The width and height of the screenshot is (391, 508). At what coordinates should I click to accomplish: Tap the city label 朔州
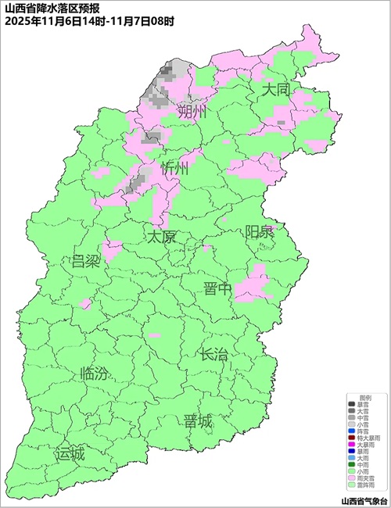192,113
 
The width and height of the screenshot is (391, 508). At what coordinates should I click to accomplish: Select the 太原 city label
163,236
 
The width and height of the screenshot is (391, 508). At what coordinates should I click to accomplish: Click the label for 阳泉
260,232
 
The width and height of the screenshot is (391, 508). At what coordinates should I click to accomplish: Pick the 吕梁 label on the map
85,260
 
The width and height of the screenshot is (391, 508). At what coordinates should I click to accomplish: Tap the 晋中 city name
217,289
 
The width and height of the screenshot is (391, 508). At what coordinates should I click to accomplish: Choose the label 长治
213,354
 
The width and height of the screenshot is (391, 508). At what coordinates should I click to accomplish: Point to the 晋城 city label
198,422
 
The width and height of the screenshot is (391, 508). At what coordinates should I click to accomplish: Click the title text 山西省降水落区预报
47,9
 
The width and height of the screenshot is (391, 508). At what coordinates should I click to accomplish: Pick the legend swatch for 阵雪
351,431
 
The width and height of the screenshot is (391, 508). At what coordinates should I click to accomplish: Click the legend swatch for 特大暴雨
351,438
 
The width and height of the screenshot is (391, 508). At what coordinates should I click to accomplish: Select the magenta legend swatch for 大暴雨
351,445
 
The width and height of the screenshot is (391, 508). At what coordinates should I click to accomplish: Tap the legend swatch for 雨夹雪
351,478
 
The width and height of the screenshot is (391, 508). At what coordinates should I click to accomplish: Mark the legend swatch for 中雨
351,465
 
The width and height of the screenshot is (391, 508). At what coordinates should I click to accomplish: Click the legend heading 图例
365,398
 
